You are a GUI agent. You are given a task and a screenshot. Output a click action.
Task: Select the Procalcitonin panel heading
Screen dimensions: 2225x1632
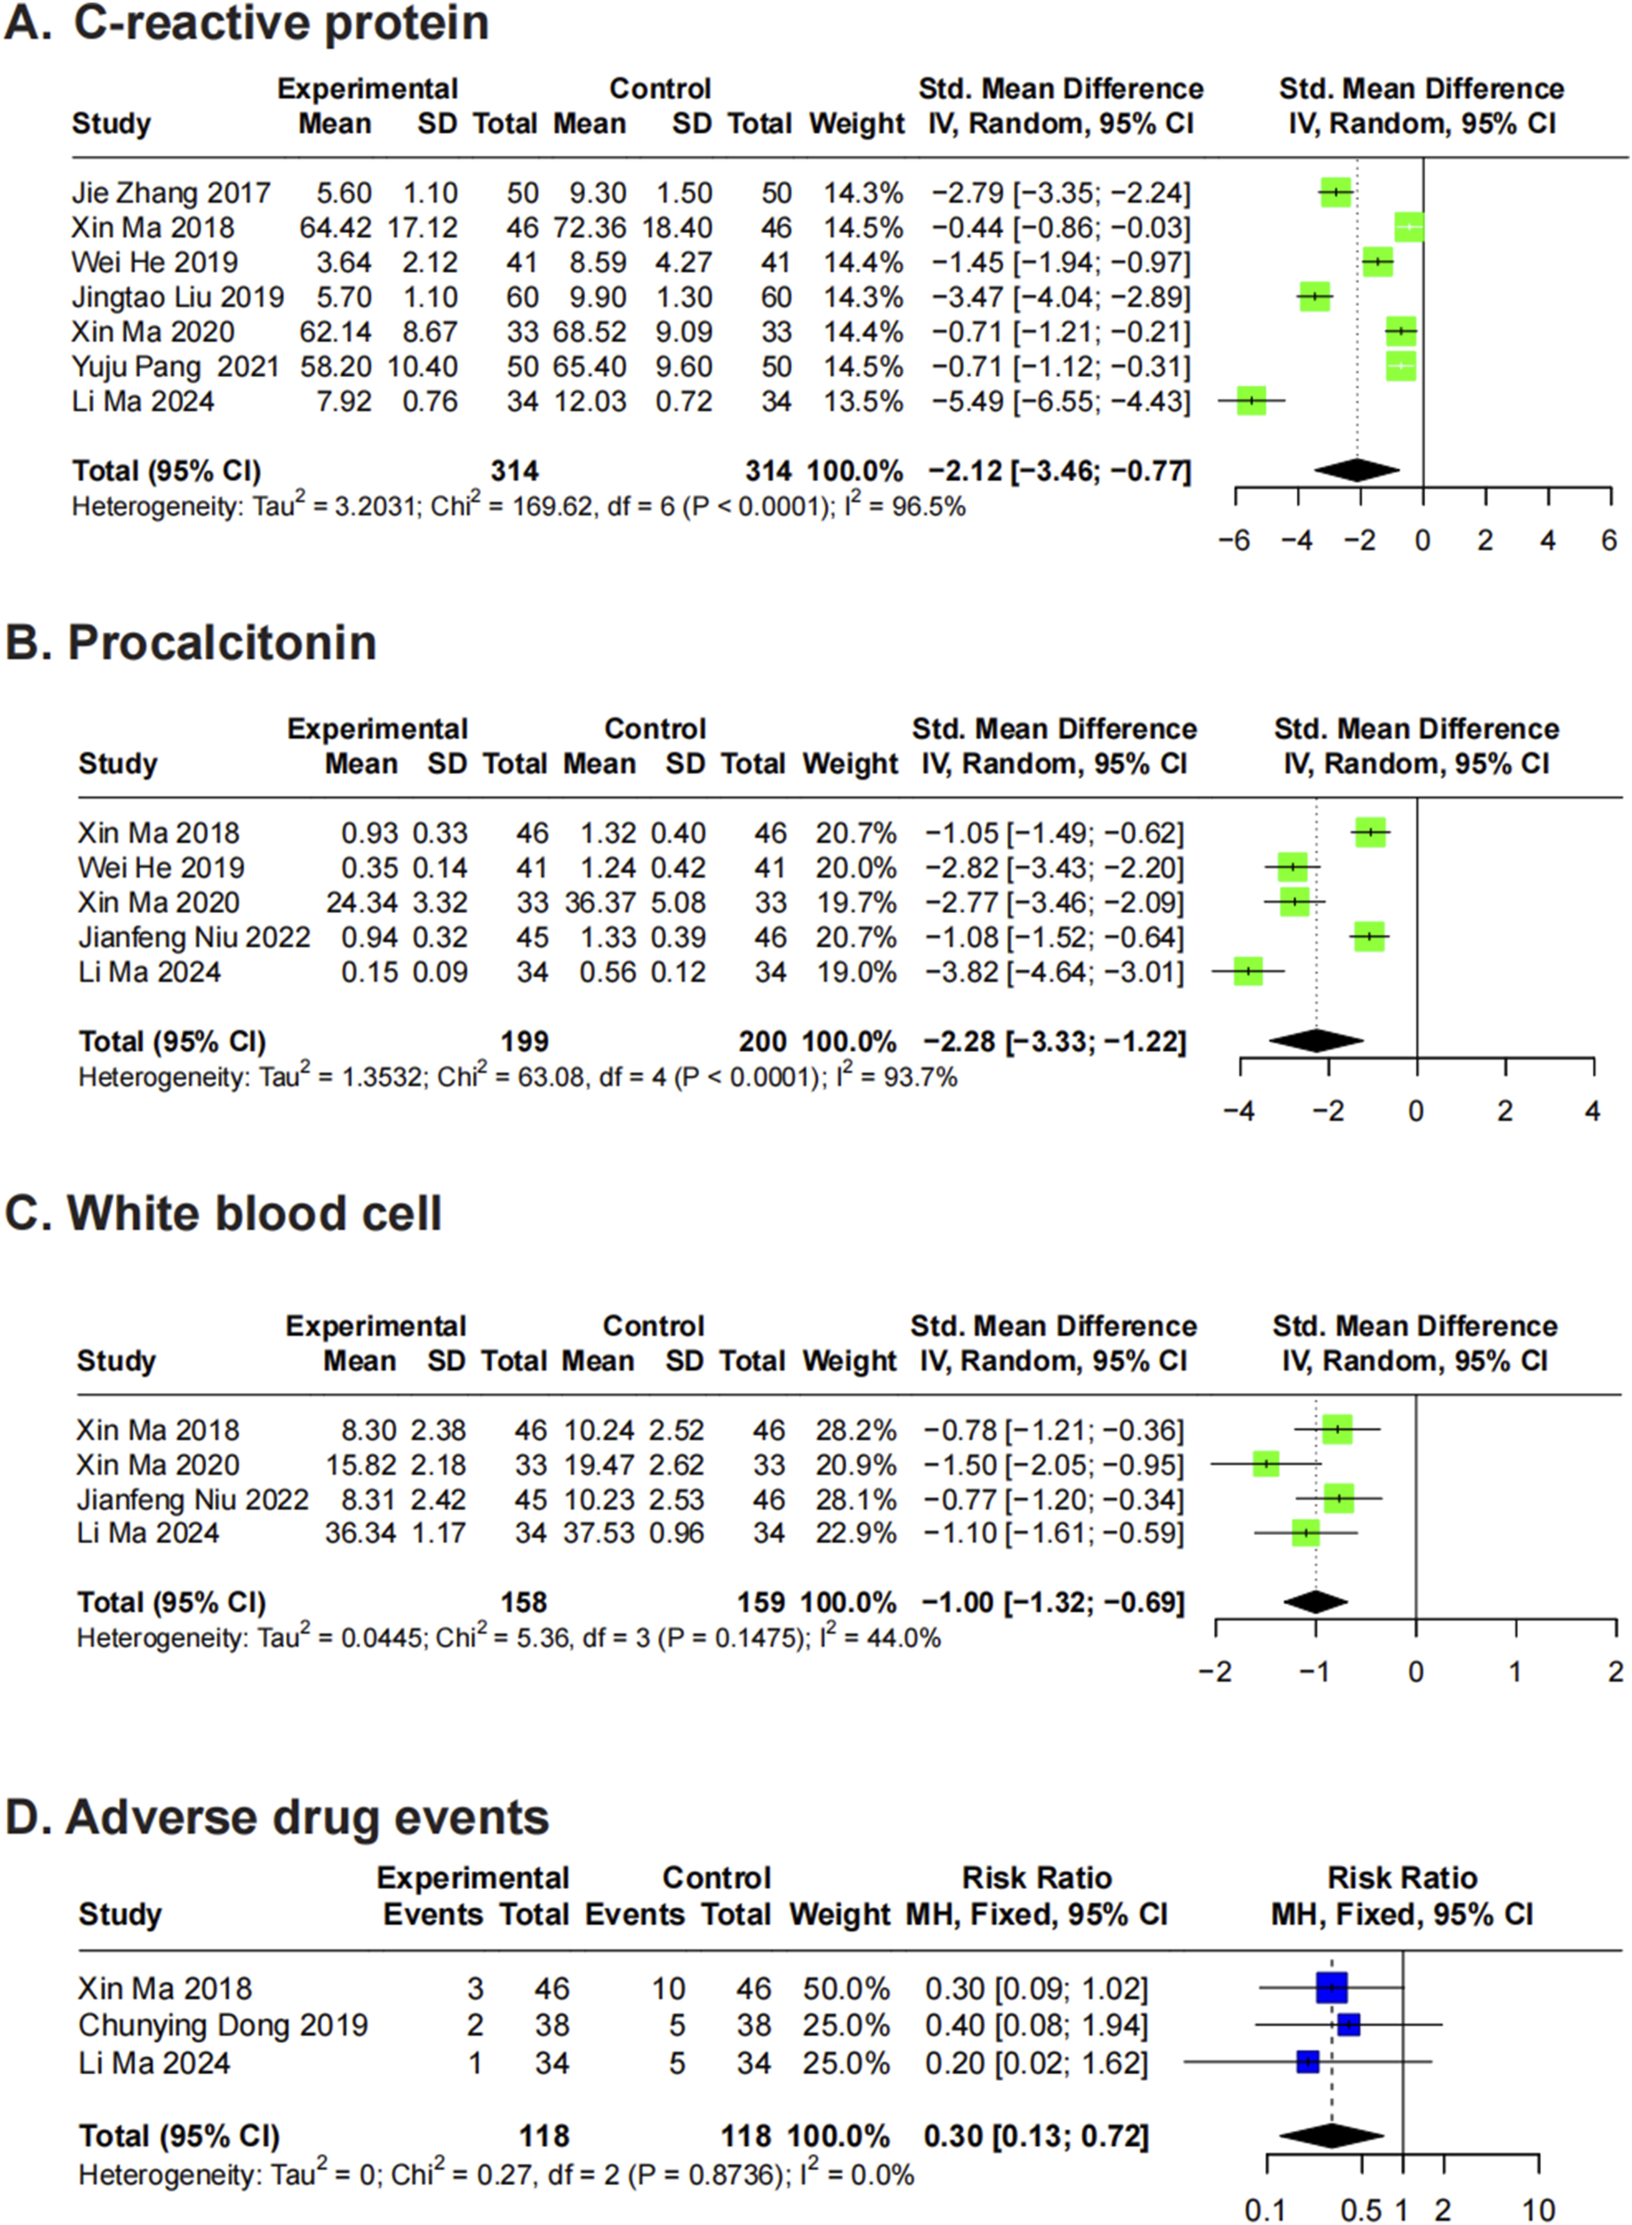pyautogui.click(x=221, y=643)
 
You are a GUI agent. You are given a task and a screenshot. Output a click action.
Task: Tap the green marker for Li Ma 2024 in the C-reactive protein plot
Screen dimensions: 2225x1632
pyautogui.click(x=1250, y=401)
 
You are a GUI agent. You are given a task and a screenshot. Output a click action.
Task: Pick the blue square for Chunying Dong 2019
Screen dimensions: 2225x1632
pyautogui.click(x=1349, y=2025)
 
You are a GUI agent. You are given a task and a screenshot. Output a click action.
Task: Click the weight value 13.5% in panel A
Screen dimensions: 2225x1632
pyautogui.click(x=864, y=401)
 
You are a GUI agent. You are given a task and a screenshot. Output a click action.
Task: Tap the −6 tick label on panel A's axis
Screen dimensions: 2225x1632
pyautogui.click(x=1235, y=540)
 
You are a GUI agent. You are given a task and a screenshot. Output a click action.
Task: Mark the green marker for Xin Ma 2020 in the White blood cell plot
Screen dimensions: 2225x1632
pyautogui.click(x=1266, y=1464)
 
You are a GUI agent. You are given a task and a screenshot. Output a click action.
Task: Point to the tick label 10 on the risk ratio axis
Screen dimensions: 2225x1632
pyautogui.click(x=1538, y=2210)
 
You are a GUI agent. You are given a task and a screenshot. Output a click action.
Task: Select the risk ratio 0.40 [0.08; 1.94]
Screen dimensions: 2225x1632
pyautogui.click(x=1036, y=2025)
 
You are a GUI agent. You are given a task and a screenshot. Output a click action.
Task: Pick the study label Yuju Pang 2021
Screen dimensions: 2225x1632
pyautogui.click(x=175, y=367)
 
